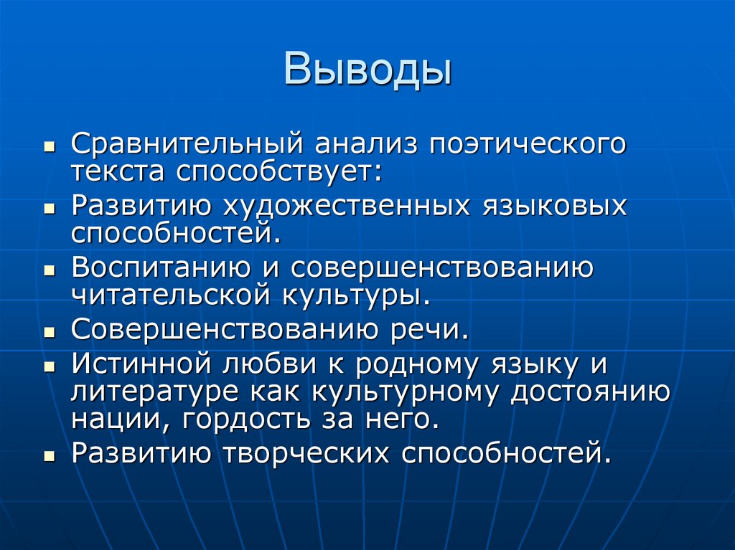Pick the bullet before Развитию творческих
[49, 455]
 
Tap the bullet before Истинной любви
[49, 367]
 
